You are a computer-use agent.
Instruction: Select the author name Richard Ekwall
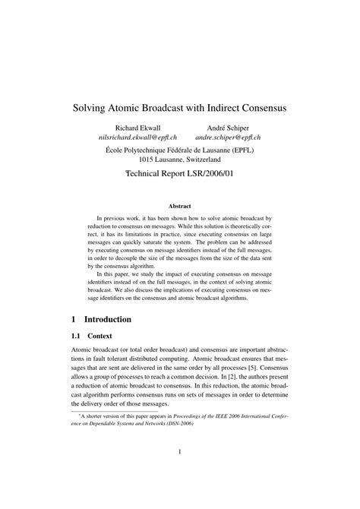137,128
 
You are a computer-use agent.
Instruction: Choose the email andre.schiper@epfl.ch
228,138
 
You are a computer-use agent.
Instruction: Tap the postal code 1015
148,161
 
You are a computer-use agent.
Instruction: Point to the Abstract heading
179,206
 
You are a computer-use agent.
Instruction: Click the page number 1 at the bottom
180,474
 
